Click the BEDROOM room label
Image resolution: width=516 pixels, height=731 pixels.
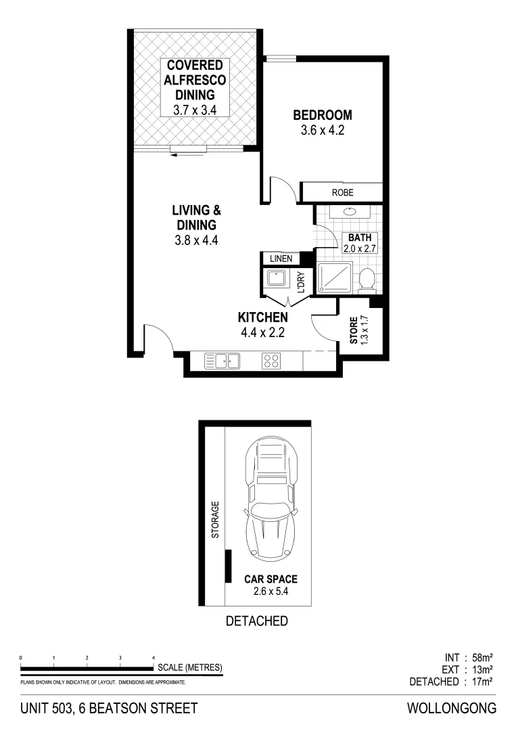[x=323, y=115]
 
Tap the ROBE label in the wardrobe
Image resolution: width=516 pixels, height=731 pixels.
[x=342, y=193]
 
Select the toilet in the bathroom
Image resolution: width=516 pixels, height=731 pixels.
[x=367, y=279]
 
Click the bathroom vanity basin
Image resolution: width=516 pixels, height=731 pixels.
[x=350, y=212]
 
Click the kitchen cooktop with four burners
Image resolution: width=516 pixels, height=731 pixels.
[x=271, y=361]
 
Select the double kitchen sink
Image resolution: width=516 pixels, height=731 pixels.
[x=222, y=361]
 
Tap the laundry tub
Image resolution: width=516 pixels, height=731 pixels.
[x=277, y=278]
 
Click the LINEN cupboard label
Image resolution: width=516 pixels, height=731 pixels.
[x=280, y=259]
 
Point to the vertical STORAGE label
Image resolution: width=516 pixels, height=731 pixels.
[x=215, y=519]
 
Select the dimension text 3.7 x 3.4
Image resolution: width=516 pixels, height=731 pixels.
[x=194, y=109]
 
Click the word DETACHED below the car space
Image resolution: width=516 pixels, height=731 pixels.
[x=256, y=621]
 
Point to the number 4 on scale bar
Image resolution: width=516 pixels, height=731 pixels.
[x=154, y=657]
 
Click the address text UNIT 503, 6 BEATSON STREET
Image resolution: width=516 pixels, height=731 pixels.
[x=109, y=709]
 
